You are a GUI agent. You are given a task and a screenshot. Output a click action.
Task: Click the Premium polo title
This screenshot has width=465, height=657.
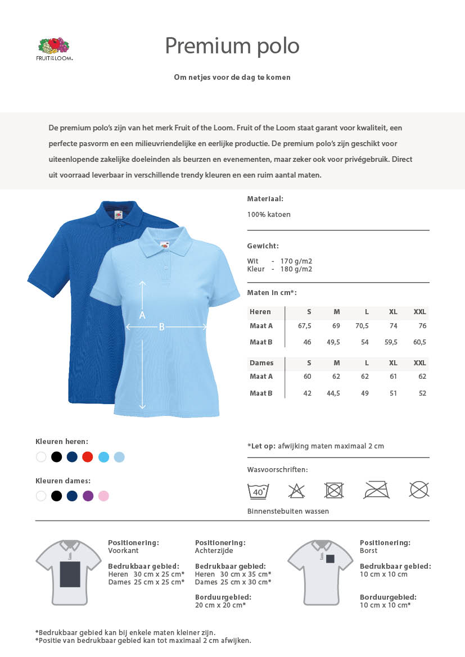pyautogui.click(x=232, y=46)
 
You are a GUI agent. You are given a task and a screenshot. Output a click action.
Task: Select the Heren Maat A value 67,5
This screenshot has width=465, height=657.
pyautogui.click(x=305, y=326)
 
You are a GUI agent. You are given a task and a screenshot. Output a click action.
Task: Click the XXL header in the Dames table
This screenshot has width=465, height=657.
pyautogui.click(x=419, y=363)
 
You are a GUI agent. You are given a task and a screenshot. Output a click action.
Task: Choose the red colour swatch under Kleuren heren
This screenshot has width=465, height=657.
pyautogui.click(x=88, y=457)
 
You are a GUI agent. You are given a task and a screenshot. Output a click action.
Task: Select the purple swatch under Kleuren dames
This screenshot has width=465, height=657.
pyautogui.click(x=88, y=496)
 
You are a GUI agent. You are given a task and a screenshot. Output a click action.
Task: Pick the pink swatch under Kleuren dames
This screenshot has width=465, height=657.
pyautogui.click(x=103, y=496)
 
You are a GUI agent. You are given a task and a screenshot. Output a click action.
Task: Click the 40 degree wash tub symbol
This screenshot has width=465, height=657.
pyautogui.click(x=258, y=490)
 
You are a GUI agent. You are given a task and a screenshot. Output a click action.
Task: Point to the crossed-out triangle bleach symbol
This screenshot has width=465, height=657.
pyautogui.click(x=296, y=490)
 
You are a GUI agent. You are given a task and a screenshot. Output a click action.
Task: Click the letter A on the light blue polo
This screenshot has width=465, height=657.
pyautogui.click(x=142, y=315)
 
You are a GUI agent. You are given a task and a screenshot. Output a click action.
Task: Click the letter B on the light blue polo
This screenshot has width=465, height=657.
pyautogui.click(x=161, y=327)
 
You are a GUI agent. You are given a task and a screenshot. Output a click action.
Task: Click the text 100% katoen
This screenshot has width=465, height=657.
pyautogui.click(x=269, y=215)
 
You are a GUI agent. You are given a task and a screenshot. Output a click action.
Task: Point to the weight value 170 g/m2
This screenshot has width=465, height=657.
pyautogui.click(x=296, y=261)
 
